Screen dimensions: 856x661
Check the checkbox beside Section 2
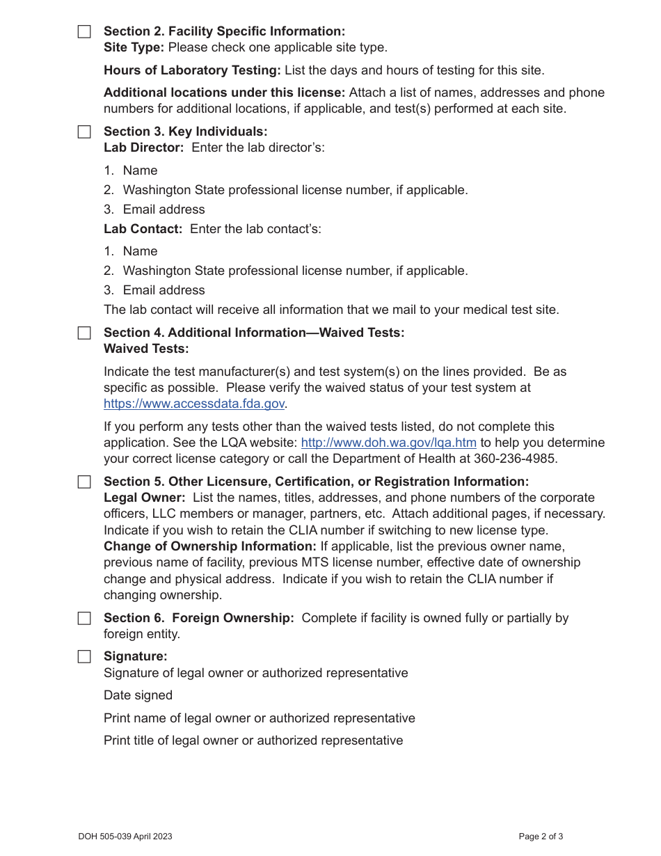(84, 32)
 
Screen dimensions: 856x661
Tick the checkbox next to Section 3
(84, 132)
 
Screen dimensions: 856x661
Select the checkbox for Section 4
(84, 333)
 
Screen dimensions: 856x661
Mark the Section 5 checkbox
(84, 482)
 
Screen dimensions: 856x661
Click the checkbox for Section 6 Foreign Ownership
(84, 619)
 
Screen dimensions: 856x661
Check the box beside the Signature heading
(84, 657)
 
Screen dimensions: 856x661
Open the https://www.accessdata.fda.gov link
(194, 404)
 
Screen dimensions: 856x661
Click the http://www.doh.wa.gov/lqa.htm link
(388, 443)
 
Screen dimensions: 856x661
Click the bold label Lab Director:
(144, 148)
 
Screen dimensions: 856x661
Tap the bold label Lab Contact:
(143, 228)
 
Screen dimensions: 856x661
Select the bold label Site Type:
(134, 47)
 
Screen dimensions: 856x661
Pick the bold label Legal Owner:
(145, 498)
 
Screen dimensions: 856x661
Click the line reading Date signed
(138, 695)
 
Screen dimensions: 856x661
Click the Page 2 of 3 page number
(541, 837)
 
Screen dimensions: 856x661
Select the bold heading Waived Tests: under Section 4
(146, 349)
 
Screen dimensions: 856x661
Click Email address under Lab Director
(164, 209)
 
